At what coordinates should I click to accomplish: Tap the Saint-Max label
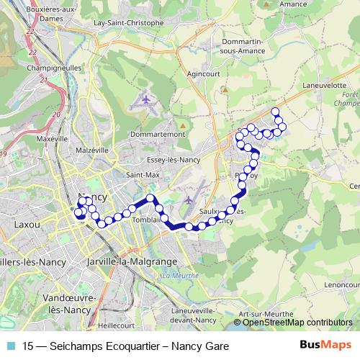[143, 175]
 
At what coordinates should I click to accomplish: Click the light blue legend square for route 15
[11, 346]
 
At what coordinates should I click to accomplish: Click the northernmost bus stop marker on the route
[274, 112]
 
